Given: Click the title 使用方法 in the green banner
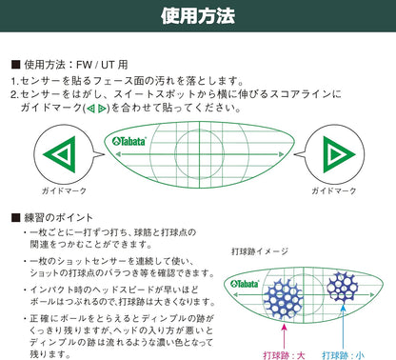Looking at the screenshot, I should pos(199,17).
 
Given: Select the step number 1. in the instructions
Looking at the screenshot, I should pos(16,81).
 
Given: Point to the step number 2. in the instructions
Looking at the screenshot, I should pos(16,95).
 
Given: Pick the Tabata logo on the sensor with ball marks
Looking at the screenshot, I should pos(247,284).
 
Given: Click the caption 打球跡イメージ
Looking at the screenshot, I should pos(259,251).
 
